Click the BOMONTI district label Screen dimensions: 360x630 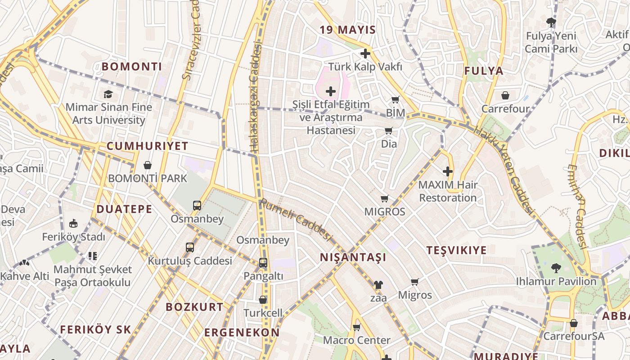[x=131, y=67]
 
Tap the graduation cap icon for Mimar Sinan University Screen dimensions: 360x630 [x=108, y=94]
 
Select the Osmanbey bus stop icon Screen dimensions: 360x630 [x=197, y=206]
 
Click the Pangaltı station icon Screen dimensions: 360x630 [x=263, y=263]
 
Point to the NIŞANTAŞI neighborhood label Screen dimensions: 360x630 [x=353, y=257]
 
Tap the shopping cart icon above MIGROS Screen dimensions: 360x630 [x=384, y=199]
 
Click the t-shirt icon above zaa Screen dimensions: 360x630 [x=378, y=285]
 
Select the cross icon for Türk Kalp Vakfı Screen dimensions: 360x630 [x=365, y=54]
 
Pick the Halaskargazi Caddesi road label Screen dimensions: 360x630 [x=255, y=97]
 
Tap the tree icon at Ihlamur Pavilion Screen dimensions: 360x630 [x=556, y=268]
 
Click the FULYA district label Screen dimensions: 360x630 [x=484, y=71]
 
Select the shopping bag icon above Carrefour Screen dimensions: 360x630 [x=505, y=95]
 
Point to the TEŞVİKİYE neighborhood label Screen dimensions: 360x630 [x=456, y=250]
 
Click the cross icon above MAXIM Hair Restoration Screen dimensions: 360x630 [x=448, y=171]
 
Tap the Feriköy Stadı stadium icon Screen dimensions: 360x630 [x=73, y=223]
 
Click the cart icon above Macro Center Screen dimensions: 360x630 [x=357, y=327]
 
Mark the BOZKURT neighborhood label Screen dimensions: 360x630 [x=194, y=307]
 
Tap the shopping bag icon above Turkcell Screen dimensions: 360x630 [x=263, y=300]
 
